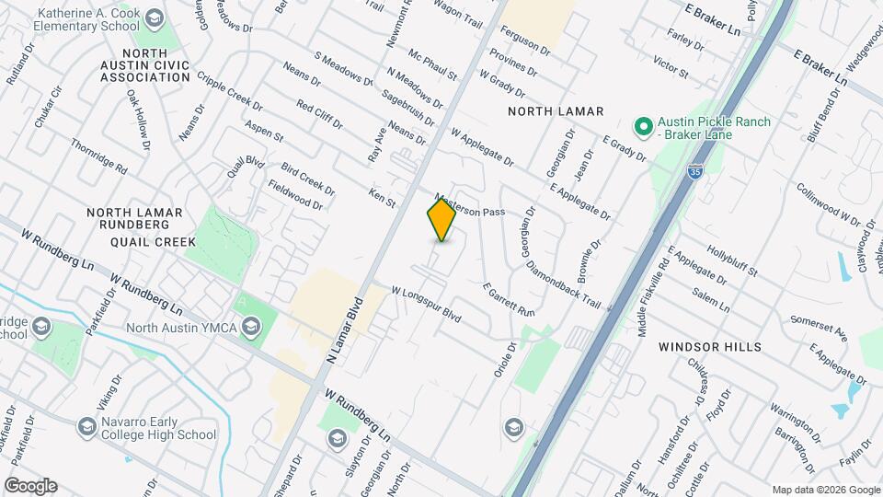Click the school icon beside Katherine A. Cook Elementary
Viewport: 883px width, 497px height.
[154, 18]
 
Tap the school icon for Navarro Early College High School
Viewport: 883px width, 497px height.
[86, 426]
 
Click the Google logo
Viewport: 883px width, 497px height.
[30, 486]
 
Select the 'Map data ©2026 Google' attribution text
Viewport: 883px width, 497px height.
[826, 490]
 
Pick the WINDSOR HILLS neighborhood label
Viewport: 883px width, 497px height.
[709, 347]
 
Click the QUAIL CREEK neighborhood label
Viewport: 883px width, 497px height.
[153, 242]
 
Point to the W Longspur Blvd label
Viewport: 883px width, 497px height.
[425, 304]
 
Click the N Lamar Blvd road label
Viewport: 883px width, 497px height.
[346, 331]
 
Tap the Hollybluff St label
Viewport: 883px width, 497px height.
[732, 260]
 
